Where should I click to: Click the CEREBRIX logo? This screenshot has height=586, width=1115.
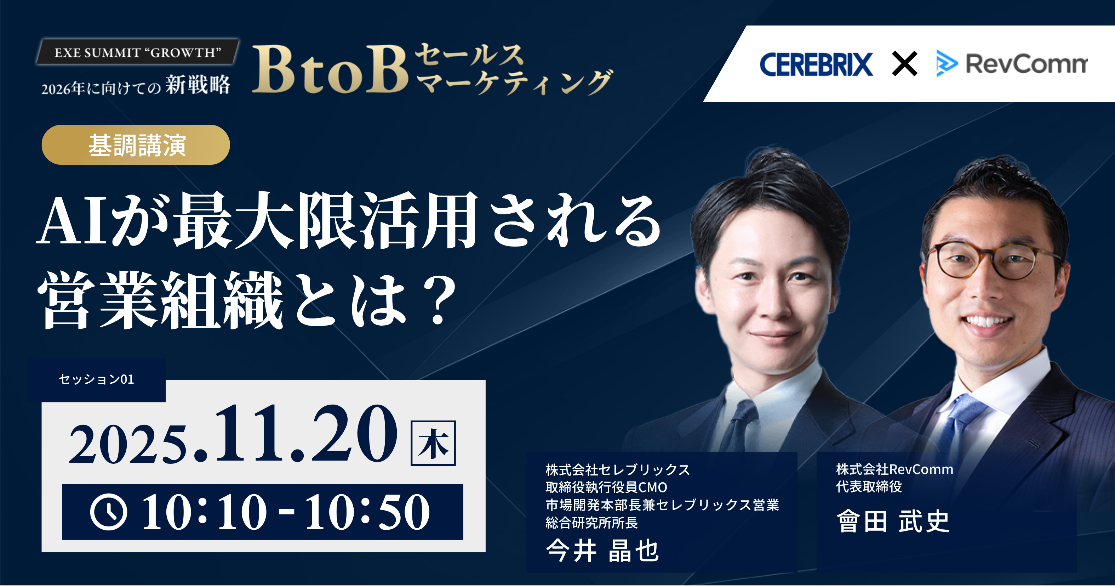(x=816, y=64)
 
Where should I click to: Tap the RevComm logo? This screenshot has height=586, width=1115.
(x=1012, y=64)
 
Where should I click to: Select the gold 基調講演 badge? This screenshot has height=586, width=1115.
(x=136, y=145)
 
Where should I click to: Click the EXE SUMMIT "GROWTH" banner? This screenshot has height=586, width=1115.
(x=138, y=52)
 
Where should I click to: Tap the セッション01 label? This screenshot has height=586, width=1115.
(x=96, y=379)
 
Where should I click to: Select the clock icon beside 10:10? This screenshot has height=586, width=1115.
(x=109, y=512)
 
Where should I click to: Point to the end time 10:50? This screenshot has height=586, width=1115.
(x=368, y=512)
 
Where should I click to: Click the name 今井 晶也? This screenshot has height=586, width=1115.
(x=602, y=551)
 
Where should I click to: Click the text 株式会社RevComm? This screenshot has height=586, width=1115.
(x=894, y=469)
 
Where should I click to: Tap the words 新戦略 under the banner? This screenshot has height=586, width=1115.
(x=198, y=85)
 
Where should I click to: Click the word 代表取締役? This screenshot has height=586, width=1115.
(x=868, y=486)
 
